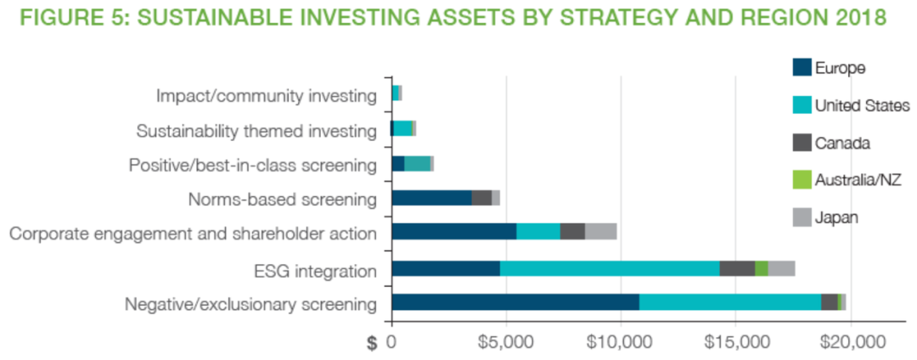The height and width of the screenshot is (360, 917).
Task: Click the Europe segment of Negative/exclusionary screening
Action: (515, 302)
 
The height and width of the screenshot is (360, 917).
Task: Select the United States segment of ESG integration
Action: (610, 268)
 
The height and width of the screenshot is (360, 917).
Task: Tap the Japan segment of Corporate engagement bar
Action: (600, 232)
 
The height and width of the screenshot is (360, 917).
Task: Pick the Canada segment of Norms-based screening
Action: (481, 198)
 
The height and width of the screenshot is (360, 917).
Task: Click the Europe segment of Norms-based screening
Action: (431, 198)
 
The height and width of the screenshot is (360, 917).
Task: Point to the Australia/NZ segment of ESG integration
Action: (761, 268)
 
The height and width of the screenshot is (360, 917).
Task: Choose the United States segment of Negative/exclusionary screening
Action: (730, 302)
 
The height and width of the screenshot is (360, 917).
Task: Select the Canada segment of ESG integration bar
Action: (737, 268)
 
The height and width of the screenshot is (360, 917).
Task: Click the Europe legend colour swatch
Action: (802, 67)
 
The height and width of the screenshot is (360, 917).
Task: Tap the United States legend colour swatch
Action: (802, 105)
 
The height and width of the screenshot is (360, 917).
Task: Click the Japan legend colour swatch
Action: (802, 217)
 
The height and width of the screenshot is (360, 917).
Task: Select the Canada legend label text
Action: (839, 143)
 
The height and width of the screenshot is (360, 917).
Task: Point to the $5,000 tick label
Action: (506, 342)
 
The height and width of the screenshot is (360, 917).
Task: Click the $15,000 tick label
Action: (735, 342)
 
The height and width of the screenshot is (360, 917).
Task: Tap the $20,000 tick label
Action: (850, 342)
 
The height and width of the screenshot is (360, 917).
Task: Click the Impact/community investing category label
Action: (266, 95)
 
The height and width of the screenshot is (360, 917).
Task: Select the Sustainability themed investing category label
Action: (256, 131)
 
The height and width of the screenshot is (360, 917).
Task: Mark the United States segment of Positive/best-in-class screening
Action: (417, 164)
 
